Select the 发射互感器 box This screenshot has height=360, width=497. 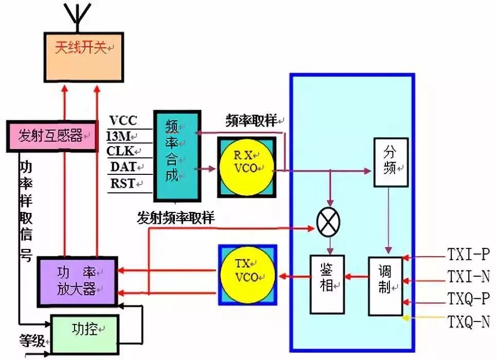click(x=51, y=136)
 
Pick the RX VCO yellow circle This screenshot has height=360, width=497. click(x=245, y=167)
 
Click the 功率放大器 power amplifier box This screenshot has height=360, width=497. click(x=78, y=281)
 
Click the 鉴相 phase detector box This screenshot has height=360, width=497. click(x=327, y=284)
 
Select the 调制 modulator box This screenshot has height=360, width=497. click(x=385, y=286)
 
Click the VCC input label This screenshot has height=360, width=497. click(x=123, y=121)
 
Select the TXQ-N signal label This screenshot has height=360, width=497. click(x=467, y=322)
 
